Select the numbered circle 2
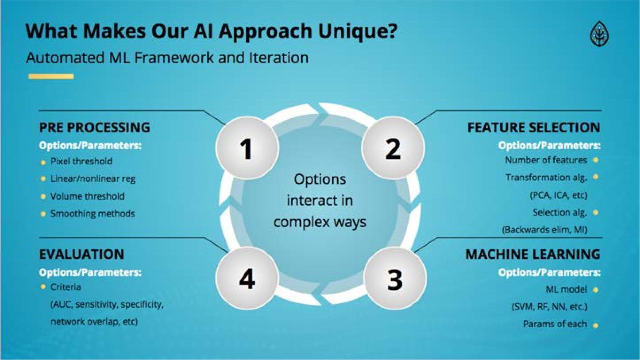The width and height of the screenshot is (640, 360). (393, 148)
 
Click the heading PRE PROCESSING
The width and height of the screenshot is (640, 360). (94, 128)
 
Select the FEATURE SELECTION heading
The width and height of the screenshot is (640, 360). (534, 128)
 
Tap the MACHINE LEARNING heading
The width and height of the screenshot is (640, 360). (533, 255)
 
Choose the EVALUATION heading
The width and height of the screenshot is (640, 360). (81, 255)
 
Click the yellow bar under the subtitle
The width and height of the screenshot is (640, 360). (51, 77)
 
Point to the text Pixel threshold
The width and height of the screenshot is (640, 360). (81, 161)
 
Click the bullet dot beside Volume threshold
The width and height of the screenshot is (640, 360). (43, 196)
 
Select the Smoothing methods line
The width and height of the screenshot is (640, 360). (93, 214)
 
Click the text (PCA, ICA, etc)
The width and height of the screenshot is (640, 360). (558, 195)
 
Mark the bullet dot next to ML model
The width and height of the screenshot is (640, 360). (595, 290)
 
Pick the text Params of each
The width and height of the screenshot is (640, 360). (555, 324)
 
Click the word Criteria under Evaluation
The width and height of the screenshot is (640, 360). (66, 287)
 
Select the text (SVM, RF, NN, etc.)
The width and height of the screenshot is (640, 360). (549, 306)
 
